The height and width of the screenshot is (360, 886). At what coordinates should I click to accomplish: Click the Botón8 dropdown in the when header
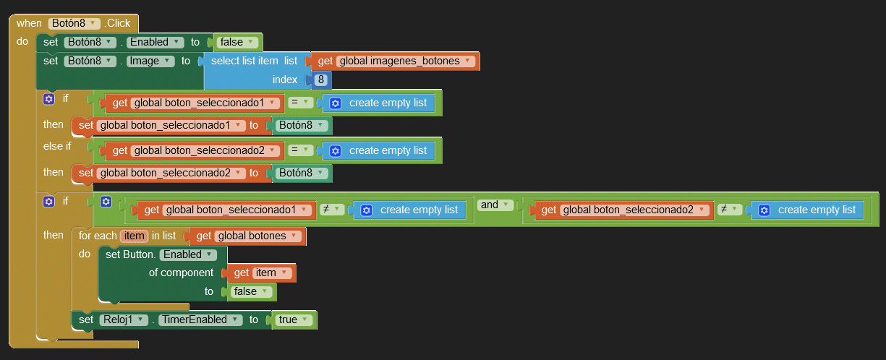click(x=74, y=23)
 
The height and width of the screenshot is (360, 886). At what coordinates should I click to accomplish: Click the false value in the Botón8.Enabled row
click(x=236, y=42)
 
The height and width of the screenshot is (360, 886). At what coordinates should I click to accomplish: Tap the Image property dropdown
click(x=150, y=61)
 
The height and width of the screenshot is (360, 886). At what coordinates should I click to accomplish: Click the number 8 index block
click(x=321, y=80)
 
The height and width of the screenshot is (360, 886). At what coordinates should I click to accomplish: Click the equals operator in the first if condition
click(x=299, y=103)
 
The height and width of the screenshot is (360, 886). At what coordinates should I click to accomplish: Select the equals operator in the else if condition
click(x=299, y=150)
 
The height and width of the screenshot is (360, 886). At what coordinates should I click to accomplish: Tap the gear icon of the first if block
click(x=48, y=99)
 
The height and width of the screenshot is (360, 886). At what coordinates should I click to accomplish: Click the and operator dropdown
click(x=494, y=205)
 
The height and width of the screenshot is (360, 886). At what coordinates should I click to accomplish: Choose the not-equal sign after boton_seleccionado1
click(x=330, y=210)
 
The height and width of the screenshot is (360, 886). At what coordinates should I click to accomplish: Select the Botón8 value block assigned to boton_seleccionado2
click(x=301, y=173)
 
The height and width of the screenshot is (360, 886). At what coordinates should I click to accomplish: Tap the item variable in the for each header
click(x=134, y=236)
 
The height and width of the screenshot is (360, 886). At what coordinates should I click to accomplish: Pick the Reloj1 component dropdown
click(x=121, y=320)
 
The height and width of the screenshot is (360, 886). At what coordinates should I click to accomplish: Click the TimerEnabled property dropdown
click(x=198, y=320)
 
